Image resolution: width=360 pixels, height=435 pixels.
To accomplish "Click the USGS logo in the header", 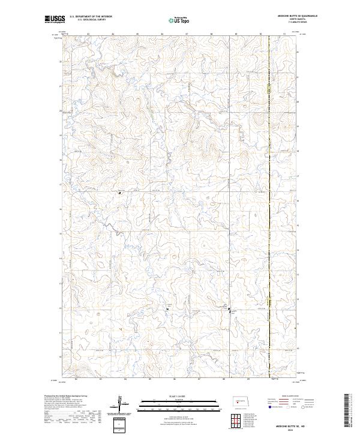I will pos(55,20).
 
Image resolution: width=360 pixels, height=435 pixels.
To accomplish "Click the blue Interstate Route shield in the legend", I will pos(271,406).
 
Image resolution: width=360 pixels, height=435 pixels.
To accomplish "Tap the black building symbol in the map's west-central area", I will pos(119,193).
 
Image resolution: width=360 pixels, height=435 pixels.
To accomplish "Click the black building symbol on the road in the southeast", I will pos(229,310).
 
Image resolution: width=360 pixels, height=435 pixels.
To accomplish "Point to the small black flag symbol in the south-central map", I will pos(167,309).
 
